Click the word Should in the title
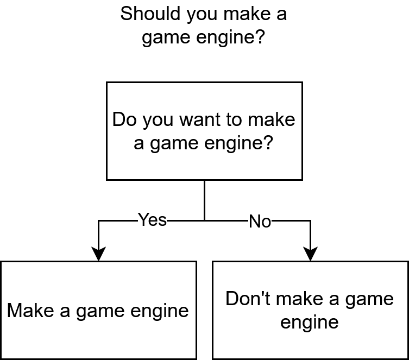(x=150, y=14)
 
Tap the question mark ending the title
(x=260, y=36)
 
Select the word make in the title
(x=247, y=14)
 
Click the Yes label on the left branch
(x=152, y=220)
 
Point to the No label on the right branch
(x=260, y=222)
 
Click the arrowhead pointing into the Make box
(x=98, y=254)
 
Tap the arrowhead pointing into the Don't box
(x=310, y=254)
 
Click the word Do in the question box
(x=124, y=119)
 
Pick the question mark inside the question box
(x=269, y=143)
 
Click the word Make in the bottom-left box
(x=30, y=311)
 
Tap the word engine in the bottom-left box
(x=160, y=312)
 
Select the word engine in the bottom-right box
(x=310, y=323)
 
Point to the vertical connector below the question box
(x=204, y=200)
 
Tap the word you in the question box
(x=158, y=122)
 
